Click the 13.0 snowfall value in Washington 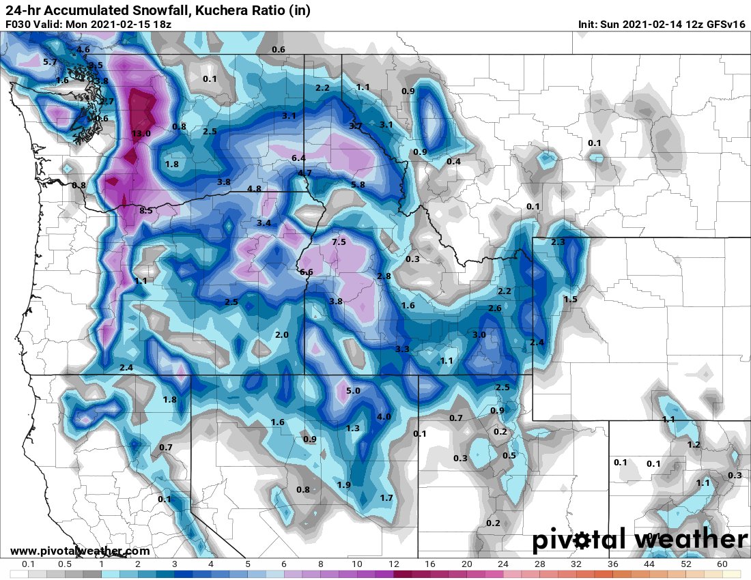141,134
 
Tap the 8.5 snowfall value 145,211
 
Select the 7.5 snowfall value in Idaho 339,242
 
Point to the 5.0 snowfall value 353,391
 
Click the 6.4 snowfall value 298,158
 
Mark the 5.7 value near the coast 50,62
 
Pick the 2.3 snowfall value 558,242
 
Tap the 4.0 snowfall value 384,417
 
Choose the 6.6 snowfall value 307,272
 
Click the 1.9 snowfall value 344,484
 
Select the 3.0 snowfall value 479,335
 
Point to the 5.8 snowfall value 358,185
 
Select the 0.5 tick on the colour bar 65,564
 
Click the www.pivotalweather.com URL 80,551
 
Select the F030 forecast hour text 18,25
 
